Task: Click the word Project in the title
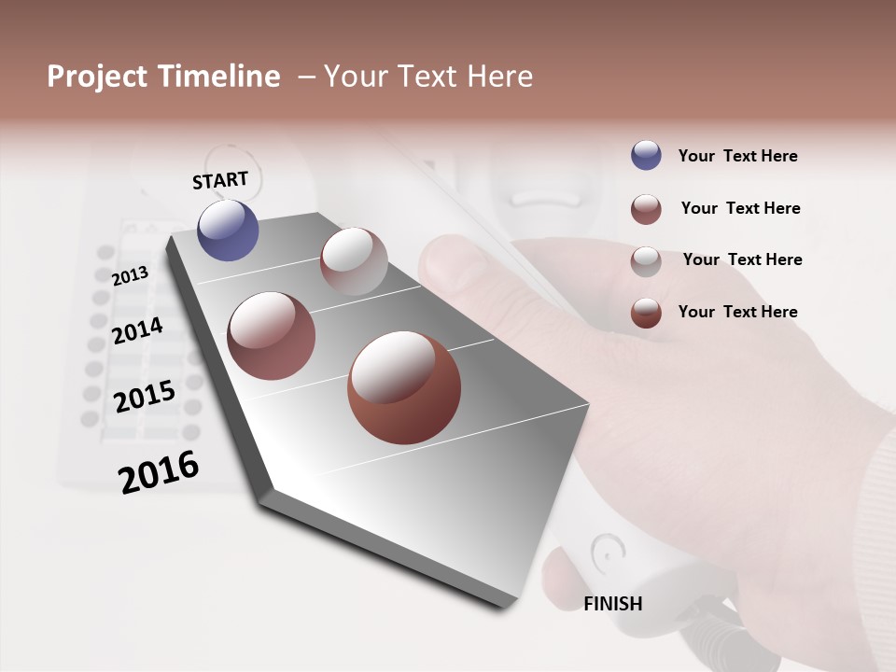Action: pyautogui.click(x=98, y=77)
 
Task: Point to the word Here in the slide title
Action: pyautogui.click(x=499, y=77)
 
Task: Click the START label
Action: pyautogui.click(x=220, y=180)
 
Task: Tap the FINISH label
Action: pyautogui.click(x=612, y=604)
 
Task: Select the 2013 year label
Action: pyautogui.click(x=130, y=275)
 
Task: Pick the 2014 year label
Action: pyautogui.click(x=137, y=330)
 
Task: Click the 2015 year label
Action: pyautogui.click(x=145, y=397)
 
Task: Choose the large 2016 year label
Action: pyautogui.click(x=159, y=471)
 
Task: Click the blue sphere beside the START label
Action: pyautogui.click(x=229, y=231)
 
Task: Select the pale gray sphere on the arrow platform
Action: pyautogui.click(x=354, y=260)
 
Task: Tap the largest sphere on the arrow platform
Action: pyautogui.click(x=404, y=387)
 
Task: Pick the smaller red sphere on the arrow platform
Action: pyautogui.click(x=272, y=335)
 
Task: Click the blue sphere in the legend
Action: pyautogui.click(x=646, y=155)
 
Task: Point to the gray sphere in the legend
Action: pyautogui.click(x=646, y=261)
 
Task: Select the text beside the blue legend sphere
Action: pyautogui.click(x=737, y=156)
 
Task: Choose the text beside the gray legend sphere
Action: pyautogui.click(x=742, y=259)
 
